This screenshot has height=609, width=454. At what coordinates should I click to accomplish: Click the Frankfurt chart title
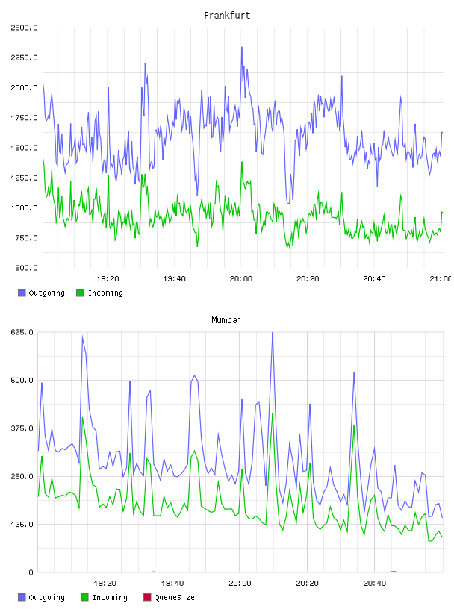pos(227,16)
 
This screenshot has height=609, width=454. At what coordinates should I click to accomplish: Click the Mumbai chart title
pos(226,320)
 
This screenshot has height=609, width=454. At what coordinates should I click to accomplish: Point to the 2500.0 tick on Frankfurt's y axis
pos(24,28)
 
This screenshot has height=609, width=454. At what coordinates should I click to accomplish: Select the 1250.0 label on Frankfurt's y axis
pos(24,178)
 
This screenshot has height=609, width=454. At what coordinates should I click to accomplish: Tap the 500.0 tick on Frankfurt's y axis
pos(26,268)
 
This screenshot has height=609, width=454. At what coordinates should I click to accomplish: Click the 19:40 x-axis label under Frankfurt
pos(174,279)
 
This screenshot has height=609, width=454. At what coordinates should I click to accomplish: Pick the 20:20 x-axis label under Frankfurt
pos(308,279)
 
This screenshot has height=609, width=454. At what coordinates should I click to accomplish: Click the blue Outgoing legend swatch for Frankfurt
pos(22,293)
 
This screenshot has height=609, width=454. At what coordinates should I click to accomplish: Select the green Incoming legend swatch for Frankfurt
pos(80,293)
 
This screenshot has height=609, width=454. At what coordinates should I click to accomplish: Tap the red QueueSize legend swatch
pos(147,597)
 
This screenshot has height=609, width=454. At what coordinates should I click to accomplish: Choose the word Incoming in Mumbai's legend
pos(110,597)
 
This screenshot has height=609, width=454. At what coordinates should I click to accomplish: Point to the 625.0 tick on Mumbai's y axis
pos(22,332)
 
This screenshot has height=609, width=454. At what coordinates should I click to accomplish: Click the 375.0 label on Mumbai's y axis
pos(22,428)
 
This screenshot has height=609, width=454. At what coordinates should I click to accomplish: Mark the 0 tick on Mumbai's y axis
pos(31,572)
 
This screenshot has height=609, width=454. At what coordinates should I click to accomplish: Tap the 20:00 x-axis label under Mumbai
pos(240,584)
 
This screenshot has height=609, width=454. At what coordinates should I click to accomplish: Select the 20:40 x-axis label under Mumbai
pos(375,584)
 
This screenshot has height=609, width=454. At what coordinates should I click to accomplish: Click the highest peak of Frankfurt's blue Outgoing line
pos(242,47)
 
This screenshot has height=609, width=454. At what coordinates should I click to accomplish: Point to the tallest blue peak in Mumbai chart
pos(273,332)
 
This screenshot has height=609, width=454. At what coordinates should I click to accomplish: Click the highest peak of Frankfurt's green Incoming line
pos(242,163)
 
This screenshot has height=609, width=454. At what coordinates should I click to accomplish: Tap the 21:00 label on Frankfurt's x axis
pos(441,279)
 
